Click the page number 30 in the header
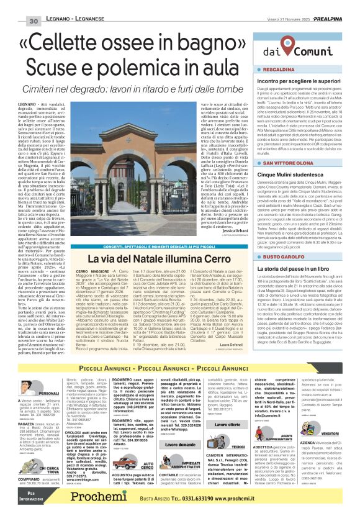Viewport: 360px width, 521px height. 34,22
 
